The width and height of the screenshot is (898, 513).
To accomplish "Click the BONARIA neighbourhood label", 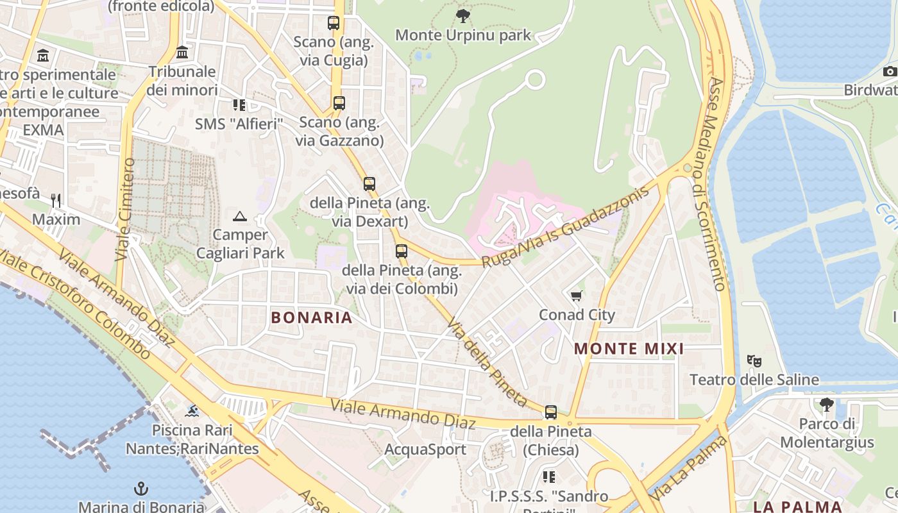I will (312, 317).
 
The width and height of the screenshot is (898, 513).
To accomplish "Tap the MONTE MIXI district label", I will (629, 349).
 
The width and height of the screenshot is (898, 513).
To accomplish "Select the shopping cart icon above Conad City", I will (576, 296).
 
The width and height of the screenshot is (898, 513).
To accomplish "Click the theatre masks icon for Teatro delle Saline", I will (754, 361).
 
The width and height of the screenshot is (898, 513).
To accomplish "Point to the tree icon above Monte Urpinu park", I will (462, 16).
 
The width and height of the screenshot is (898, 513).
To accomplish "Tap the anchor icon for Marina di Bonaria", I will (140, 489).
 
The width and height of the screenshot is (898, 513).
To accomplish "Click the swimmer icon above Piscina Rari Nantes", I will (192, 410).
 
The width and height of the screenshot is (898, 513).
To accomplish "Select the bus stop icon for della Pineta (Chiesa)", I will (550, 412).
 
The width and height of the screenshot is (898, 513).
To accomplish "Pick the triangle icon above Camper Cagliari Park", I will (240, 217).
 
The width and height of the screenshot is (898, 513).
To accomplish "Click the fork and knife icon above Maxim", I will (56, 201).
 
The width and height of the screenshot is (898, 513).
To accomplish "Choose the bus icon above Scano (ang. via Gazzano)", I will (339, 103).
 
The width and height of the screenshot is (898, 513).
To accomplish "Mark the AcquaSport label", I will (425, 450).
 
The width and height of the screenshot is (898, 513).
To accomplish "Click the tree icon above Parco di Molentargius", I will (826, 404).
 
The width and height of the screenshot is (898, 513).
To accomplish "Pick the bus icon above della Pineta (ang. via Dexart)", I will (369, 184).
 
